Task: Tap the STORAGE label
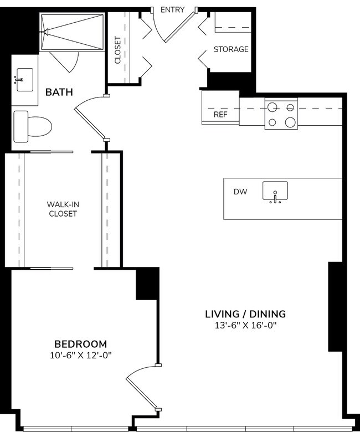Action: [x=231, y=49]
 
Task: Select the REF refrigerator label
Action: [x=220, y=115]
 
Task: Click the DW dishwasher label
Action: [x=240, y=192]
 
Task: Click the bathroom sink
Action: [x=24, y=80]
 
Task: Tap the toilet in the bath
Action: [x=32, y=126]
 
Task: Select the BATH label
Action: [x=59, y=92]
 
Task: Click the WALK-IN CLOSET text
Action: [x=62, y=209]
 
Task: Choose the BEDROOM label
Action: [x=80, y=344]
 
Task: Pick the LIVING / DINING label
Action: [x=245, y=314]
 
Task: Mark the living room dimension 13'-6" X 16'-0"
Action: [x=245, y=326]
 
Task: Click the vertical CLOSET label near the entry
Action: [x=117, y=50]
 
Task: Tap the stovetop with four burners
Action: [x=281, y=115]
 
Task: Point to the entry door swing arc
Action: [x=166, y=30]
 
